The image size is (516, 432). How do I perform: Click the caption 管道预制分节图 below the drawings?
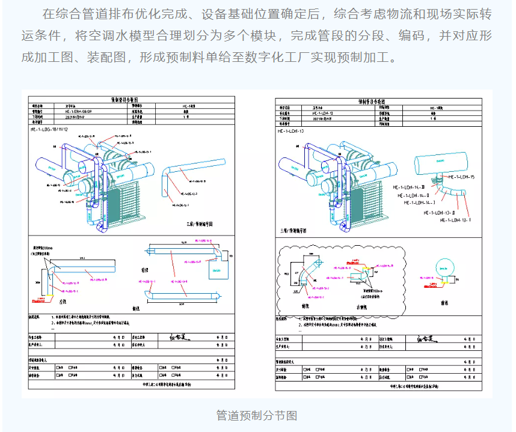pos(257,415)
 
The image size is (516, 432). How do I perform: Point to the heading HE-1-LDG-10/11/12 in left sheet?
pos(54,129)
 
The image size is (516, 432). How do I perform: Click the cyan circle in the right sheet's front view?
pos(446,266)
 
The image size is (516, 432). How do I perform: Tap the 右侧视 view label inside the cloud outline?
pos(363,306)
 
